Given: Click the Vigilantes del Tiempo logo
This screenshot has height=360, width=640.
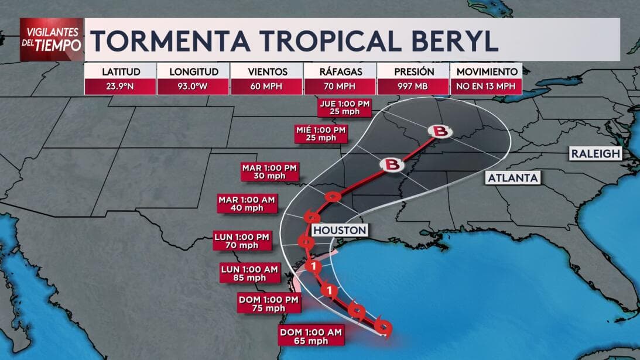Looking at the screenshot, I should click(51, 39).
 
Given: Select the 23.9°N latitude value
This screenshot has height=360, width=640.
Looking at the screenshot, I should click(121, 87).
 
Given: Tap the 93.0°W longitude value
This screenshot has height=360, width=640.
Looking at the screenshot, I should click(194, 87).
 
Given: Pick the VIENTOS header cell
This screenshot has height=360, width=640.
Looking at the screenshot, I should click(267, 71).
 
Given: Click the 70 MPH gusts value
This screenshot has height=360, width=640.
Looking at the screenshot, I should click(340, 87).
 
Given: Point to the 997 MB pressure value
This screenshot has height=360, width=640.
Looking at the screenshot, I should click(413, 87).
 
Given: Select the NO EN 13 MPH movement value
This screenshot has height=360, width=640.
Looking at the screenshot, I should click(485, 87).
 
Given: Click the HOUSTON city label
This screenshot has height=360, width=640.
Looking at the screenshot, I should click(340, 230).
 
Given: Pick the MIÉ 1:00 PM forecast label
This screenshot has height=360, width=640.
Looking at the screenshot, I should click(321, 133).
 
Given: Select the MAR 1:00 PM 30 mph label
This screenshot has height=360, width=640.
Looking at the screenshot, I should click(270, 172).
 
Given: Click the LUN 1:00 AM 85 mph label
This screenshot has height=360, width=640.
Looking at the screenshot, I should click(250, 273).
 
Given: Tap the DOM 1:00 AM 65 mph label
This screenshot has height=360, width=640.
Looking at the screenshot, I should click(311, 335).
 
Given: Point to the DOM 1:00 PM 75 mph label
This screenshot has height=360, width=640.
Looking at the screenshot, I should click(269, 304).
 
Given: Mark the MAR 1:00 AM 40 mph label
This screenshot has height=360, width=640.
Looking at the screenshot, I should click(247, 204).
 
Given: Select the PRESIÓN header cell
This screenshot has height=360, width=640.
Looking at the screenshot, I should click(413, 71).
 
